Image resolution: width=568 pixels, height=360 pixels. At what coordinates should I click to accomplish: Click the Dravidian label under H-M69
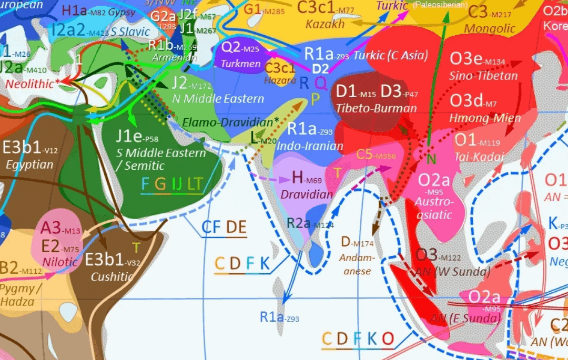[307, 194]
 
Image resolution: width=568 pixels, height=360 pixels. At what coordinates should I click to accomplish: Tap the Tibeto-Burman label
[377, 109]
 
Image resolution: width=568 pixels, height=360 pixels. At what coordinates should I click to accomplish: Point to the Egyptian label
[29, 164]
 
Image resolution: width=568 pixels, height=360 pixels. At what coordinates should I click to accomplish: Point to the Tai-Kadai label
[478, 157]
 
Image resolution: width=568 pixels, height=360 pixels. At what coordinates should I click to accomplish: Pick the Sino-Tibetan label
[483, 76]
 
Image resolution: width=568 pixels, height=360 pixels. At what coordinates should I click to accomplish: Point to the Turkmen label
[240, 64]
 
